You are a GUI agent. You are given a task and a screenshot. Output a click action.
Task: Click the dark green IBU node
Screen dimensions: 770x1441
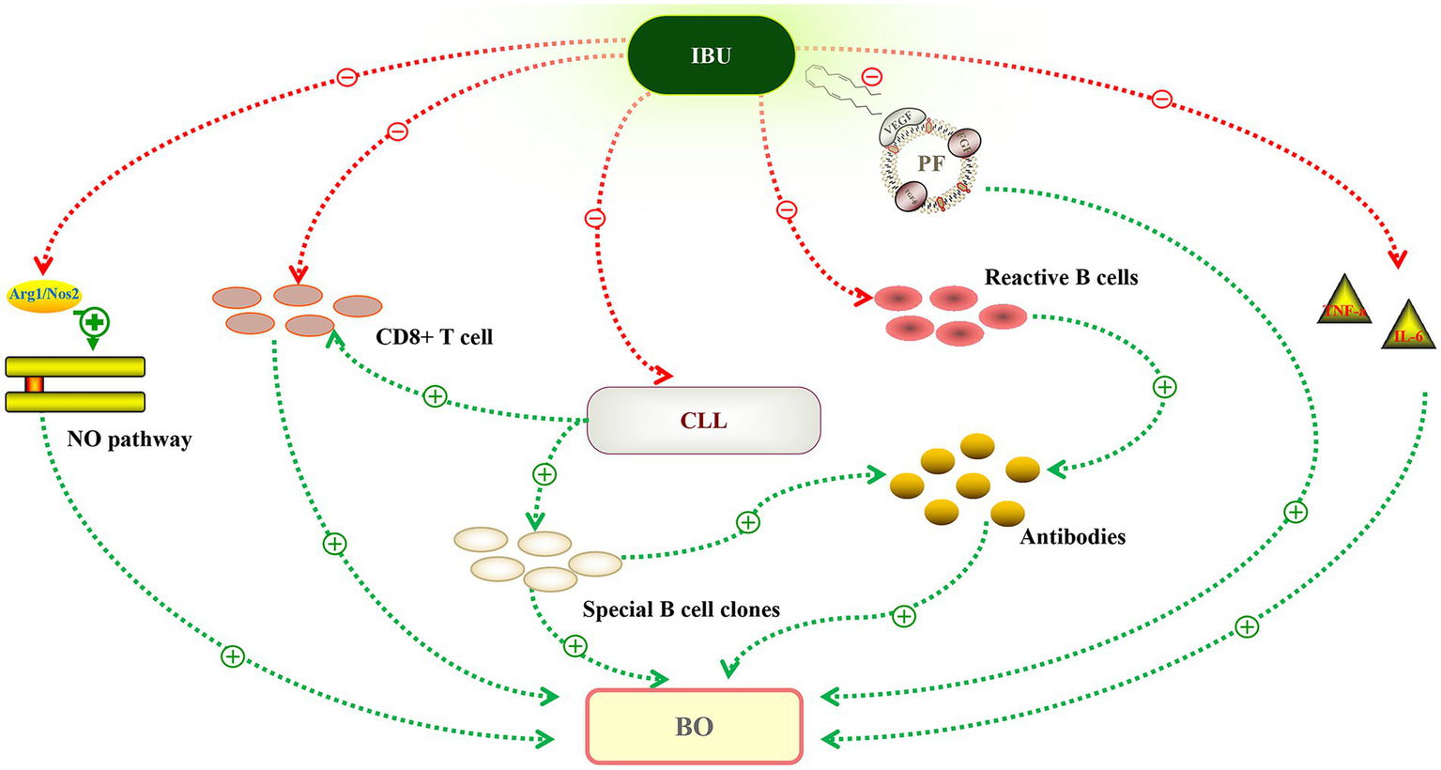pyautogui.click(x=711, y=55)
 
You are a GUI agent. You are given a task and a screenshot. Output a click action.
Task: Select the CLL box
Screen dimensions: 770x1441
pyautogui.click(x=703, y=420)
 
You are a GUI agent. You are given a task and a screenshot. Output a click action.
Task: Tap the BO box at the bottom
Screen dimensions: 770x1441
pyautogui.click(x=695, y=727)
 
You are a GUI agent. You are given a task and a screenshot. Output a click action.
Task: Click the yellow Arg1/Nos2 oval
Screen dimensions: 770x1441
pyautogui.click(x=44, y=295)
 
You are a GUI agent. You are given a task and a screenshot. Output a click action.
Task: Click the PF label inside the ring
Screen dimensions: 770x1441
pyautogui.click(x=930, y=163)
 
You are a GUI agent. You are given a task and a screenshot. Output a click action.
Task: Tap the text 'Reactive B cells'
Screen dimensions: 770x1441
pyautogui.click(x=1061, y=278)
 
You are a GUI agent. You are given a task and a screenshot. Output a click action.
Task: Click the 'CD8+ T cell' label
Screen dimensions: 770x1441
pyautogui.click(x=434, y=336)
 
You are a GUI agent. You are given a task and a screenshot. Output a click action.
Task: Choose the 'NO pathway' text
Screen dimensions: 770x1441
pyautogui.click(x=129, y=439)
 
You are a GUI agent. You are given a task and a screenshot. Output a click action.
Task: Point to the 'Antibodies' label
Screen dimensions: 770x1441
pyautogui.click(x=1072, y=537)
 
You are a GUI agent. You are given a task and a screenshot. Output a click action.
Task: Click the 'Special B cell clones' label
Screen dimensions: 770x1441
pyautogui.click(x=681, y=609)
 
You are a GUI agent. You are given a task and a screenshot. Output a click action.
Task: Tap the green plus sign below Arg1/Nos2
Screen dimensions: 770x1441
pyautogui.click(x=94, y=323)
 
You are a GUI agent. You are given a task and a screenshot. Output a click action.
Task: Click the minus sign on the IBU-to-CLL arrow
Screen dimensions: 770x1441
pyautogui.click(x=594, y=219)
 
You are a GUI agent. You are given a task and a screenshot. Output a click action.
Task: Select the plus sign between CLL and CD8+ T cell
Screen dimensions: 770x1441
pyautogui.click(x=435, y=396)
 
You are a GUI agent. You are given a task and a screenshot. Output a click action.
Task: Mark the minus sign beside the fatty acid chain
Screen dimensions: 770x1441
pyautogui.click(x=871, y=77)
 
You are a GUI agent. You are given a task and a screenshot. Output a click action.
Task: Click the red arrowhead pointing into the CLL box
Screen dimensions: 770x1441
pyautogui.click(x=664, y=377)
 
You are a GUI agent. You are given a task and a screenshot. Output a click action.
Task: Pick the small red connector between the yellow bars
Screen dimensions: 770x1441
pyautogui.click(x=35, y=384)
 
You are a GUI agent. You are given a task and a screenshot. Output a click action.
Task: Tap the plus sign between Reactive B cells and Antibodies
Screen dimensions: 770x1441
pyautogui.click(x=1164, y=387)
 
